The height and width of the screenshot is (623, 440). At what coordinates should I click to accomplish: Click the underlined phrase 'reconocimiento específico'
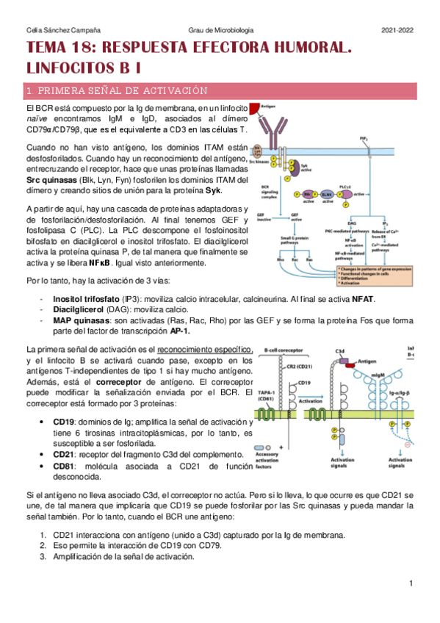point(208,350)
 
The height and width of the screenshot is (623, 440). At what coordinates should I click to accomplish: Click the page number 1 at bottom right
point(412,583)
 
